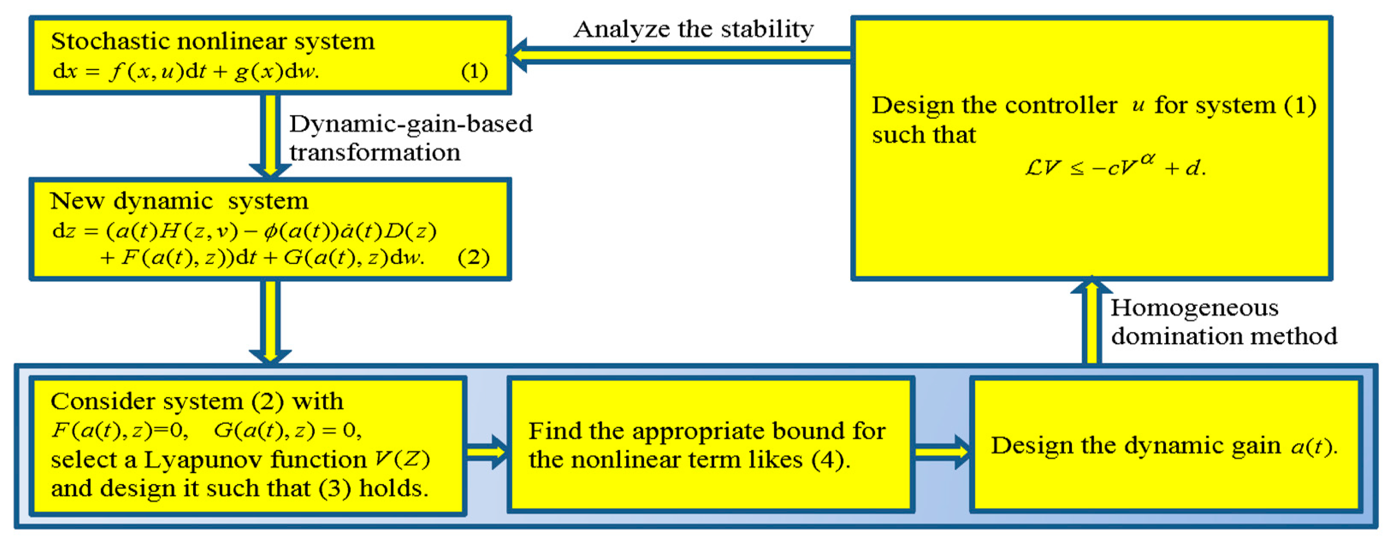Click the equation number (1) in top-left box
[x=474, y=72]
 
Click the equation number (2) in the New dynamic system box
[x=473, y=257]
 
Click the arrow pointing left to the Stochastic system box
[x=680, y=55]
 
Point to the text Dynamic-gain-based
[x=410, y=124]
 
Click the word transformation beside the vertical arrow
[x=375, y=153]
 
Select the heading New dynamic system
[x=179, y=201]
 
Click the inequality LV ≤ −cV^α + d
[x=1115, y=168]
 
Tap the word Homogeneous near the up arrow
[x=1194, y=308]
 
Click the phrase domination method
[x=1224, y=336]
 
